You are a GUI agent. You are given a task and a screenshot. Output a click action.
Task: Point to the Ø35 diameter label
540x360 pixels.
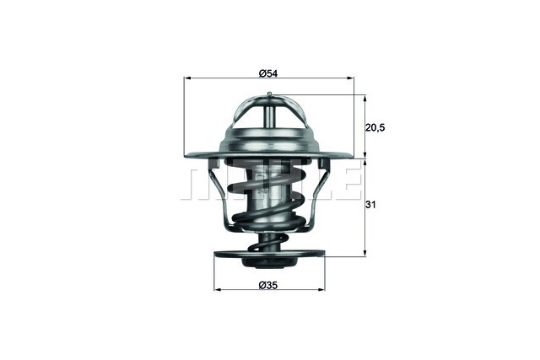268,285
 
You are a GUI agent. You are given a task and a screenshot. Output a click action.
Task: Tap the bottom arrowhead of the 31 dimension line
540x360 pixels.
365,252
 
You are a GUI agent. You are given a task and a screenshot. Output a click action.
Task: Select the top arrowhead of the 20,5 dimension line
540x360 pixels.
365,98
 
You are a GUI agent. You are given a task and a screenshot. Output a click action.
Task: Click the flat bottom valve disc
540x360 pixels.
268,253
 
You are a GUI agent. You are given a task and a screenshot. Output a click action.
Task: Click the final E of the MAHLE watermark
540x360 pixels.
344,184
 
